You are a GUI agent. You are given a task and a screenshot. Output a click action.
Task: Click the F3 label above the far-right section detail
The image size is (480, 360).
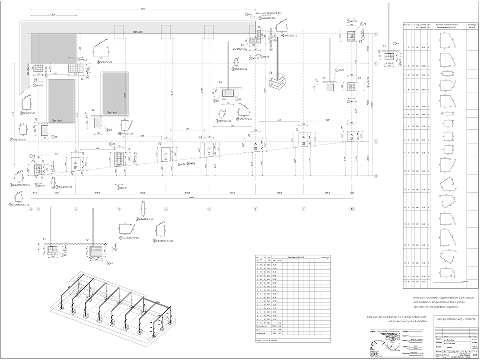(x=384, y=46)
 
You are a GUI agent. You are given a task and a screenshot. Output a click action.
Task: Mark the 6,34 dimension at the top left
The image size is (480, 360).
(x=53, y=15)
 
